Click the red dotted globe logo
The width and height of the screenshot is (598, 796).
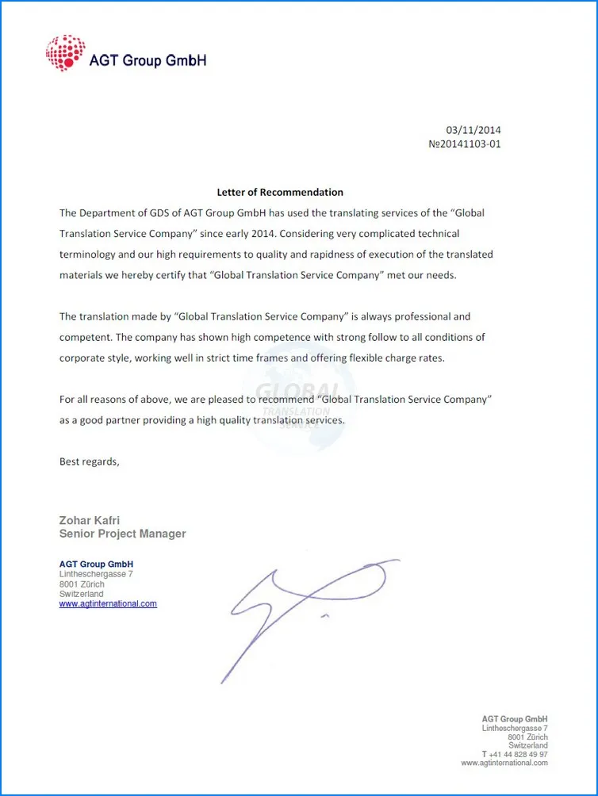pyautogui.click(x=65, y=53)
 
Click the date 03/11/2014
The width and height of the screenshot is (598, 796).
pyautogui.click(x=473, y=130)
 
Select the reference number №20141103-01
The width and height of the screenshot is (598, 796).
pyautogui.click(x=464, y=144)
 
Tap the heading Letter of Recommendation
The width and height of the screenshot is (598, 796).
pyautogui.click(x=280, y=192)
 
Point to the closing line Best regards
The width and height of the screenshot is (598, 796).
pyautogui.click(x=89, y=461)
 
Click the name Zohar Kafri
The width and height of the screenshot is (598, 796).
pyautogui.click(x=90, y=520)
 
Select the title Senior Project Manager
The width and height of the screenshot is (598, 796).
pyautogui.click(x=122, y=534)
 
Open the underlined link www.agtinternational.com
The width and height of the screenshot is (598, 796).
pyautogui.click(x=108, y=603)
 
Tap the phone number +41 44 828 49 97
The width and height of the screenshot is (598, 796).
pyautogui.click(x=518, y=754)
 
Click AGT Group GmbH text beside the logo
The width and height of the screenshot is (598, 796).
pyautogui.click(x=148, y=60)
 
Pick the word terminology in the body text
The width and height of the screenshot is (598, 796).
pyautogui.click(x=90, y=254)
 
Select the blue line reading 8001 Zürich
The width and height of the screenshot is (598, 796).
pyautogui.click(x=82, y=584)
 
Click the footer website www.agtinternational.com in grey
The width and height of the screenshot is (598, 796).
pyautogui.click(x=504, y=763)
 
